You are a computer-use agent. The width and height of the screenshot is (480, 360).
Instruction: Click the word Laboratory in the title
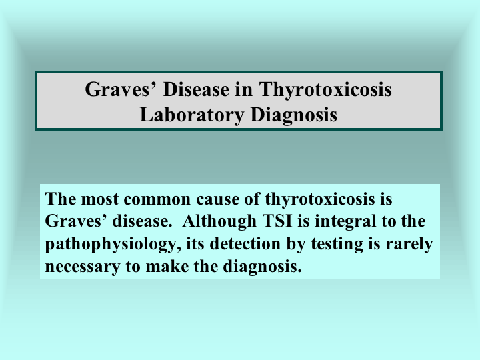click(x=192, y=115)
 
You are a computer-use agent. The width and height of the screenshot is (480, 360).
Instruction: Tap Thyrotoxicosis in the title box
click(x=325, y=90)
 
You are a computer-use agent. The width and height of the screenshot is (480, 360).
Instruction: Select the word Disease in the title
click(x=196, y=89)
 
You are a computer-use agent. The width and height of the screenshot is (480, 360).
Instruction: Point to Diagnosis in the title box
click(x=294, y=115)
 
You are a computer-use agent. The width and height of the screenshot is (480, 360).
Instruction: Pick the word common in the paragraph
click(x=157, y=199)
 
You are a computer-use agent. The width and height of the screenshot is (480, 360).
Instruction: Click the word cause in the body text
click(x=217, y=199)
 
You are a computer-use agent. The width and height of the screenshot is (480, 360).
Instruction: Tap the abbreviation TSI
click(x=277, y=221)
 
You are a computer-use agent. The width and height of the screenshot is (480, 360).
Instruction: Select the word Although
click(x=219, y=221)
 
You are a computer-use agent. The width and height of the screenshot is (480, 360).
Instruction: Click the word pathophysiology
click(x=111, y=245)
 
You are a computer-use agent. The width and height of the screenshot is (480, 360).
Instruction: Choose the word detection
click(x=245, y=244)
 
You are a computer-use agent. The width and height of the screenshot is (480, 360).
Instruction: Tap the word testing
click(x=337, y=245)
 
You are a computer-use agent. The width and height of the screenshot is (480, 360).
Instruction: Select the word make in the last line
click(x=167, y=266)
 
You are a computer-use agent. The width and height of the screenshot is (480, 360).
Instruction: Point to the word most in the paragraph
click(x=99, y=199)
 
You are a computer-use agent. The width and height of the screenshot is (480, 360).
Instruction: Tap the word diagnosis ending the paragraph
click(x=263, y=267)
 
